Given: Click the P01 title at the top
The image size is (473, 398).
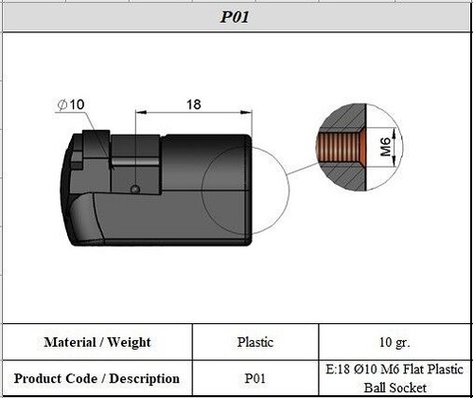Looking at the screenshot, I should pos(236,16).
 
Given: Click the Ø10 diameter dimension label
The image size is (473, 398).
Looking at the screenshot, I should pos(71,103).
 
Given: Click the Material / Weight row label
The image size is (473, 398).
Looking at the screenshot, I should pos(97,342).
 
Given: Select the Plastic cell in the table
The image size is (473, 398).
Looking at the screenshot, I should pos(255,342).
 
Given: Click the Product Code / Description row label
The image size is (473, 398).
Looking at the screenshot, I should pos(97,378).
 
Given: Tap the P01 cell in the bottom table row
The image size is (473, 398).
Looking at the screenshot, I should pos(255,378).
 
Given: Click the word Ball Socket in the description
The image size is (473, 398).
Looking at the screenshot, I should pos(394,388).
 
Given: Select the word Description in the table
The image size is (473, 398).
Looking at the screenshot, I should pos(143,378).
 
